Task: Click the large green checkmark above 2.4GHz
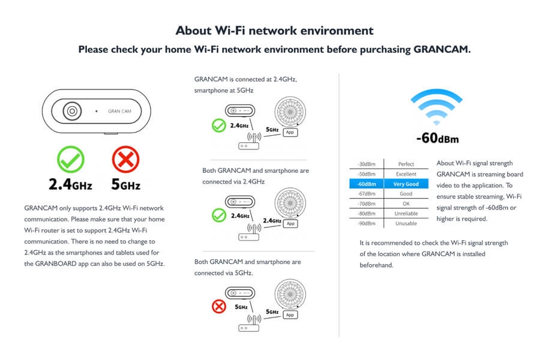point(70,160)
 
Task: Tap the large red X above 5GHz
point(125,160)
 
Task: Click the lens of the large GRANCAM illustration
point(72,112)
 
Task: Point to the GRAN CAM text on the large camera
point(119,112)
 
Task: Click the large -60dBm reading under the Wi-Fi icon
point(437,137)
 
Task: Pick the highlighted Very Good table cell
point(406,184)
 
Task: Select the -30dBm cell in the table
point(367,164)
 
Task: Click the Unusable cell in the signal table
point(406,223)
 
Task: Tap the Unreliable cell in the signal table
point(406,214)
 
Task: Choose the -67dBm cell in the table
point(367,194)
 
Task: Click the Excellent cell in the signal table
point(406,174)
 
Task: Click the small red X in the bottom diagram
point(219,307)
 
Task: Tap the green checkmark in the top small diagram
point(219,125)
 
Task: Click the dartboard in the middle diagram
point(290,203)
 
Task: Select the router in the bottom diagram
point(249,324)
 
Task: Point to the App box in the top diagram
point(290,133)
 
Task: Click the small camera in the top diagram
point(240,110)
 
